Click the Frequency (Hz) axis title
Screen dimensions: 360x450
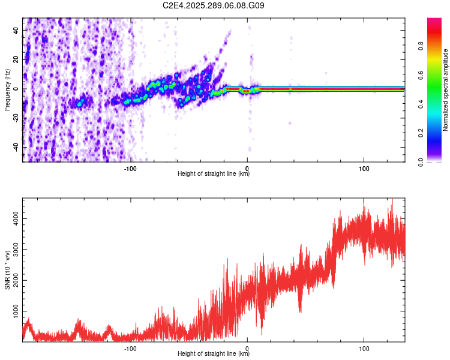pyautogui.click(x=7, y=90)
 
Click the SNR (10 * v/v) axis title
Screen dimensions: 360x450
pyautogui.click(x=7, y=270)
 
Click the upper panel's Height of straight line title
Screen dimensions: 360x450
pyautogui.click(x=214, y=174)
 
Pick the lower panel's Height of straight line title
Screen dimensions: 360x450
pyautogui.click(x=214, y=353)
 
